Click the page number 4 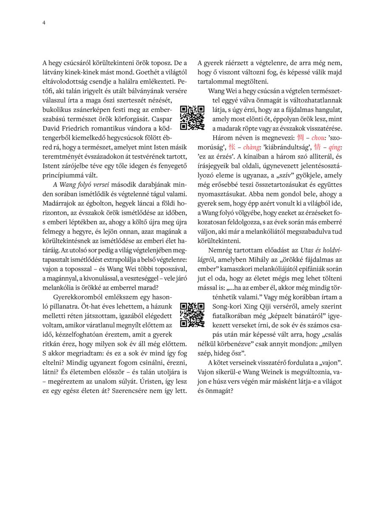pos(44,23)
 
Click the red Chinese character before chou pos(300,138)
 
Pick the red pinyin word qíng pos(335,147)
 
